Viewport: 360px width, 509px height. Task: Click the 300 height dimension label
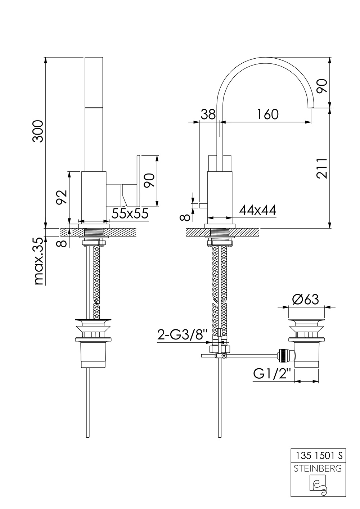tap(38, 131)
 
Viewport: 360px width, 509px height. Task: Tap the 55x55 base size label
tap(130, 213)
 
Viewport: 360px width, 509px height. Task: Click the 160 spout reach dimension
tap(268, 114)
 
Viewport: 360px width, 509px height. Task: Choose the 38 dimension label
tap(208, 114)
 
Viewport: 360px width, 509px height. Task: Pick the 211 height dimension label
tap(321, 168)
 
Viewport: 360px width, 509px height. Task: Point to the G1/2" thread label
tap(272, 374)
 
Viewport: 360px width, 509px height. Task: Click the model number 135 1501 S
tap(318, 455)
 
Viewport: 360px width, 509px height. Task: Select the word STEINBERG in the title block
tap(318, 469)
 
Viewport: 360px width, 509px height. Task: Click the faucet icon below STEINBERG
tap(318, 485)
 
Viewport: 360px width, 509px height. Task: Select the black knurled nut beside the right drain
tap(284, 355)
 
